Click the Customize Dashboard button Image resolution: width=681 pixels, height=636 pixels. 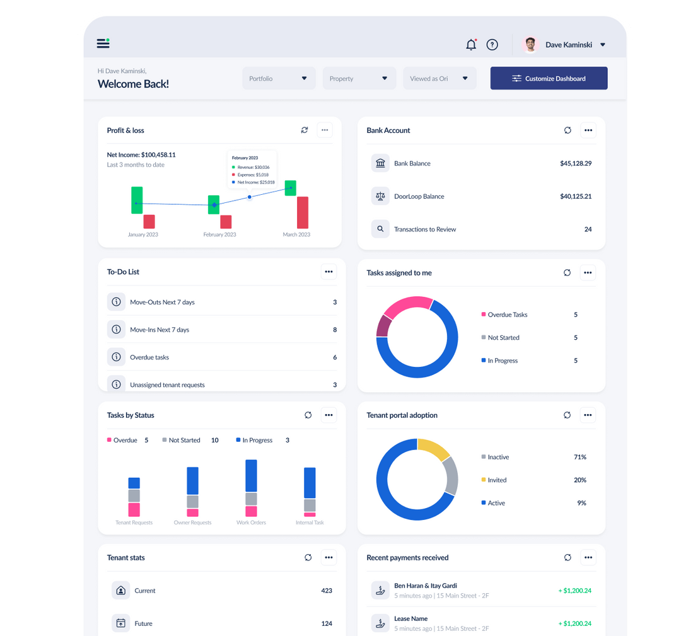[x=549, y=79]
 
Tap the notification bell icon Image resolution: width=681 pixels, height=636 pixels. [x=471, y=45]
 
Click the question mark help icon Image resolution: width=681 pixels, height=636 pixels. [x=492, y=45]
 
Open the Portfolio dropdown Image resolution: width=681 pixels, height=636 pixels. [x=278, y=79]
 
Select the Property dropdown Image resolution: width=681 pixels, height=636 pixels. [x=359, y=79]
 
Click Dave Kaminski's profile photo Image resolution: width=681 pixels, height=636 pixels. [x=531, y=45]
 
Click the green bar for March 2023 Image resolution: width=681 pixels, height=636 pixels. [x=291, y=188]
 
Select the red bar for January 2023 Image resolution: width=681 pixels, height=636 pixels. [x=149, y=221]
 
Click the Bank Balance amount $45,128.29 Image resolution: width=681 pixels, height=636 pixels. [x=576, y=163]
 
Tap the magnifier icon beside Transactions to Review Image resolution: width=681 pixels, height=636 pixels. [x=380, y=229]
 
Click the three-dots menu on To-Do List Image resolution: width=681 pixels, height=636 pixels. [x=329, y=272]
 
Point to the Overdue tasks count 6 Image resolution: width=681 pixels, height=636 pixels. [x=335, y=357]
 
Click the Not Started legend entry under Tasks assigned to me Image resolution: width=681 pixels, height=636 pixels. [x=503, y=338]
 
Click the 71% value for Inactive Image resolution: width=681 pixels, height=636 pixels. [x=580, y=457]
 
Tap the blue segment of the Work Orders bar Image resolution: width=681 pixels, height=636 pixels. [x=251, y=475]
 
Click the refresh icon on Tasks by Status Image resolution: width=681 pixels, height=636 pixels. [x=308, y=415]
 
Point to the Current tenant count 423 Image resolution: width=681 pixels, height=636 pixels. [x=327, y=591]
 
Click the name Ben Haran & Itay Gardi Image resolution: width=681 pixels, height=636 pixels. [x=426, y=586]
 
